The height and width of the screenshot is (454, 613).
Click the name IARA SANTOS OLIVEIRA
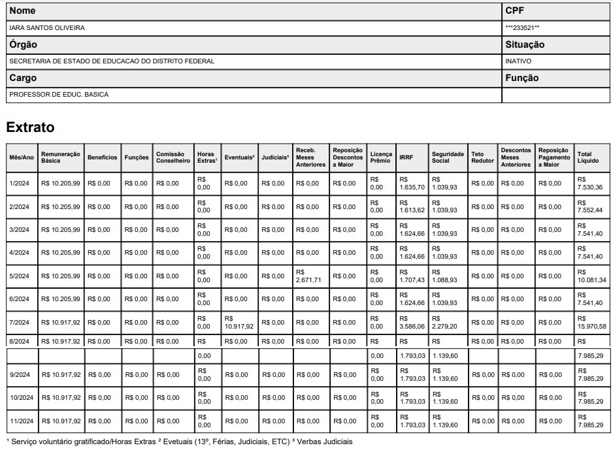point(46,28)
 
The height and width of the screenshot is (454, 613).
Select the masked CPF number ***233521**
point(522,28)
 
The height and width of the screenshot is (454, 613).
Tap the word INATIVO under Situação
point(518,61)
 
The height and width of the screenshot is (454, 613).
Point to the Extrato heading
point(30,127)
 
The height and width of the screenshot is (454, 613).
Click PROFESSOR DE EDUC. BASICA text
point(59,95)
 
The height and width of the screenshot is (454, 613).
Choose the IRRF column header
point(406,157)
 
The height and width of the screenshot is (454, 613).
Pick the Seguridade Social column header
point(448,157)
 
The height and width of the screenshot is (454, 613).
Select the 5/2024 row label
point(20,276)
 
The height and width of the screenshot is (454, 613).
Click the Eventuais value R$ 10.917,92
point(239,322)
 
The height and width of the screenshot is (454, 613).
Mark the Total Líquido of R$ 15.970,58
point(591,322)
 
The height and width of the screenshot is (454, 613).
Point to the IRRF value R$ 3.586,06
point(412,322)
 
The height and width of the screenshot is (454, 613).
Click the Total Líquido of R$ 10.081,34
point(591,276)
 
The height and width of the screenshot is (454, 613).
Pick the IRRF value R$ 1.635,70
point(412,184)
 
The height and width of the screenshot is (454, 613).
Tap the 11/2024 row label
point(21,421)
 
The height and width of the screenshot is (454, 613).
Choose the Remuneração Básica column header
point(60,157)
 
